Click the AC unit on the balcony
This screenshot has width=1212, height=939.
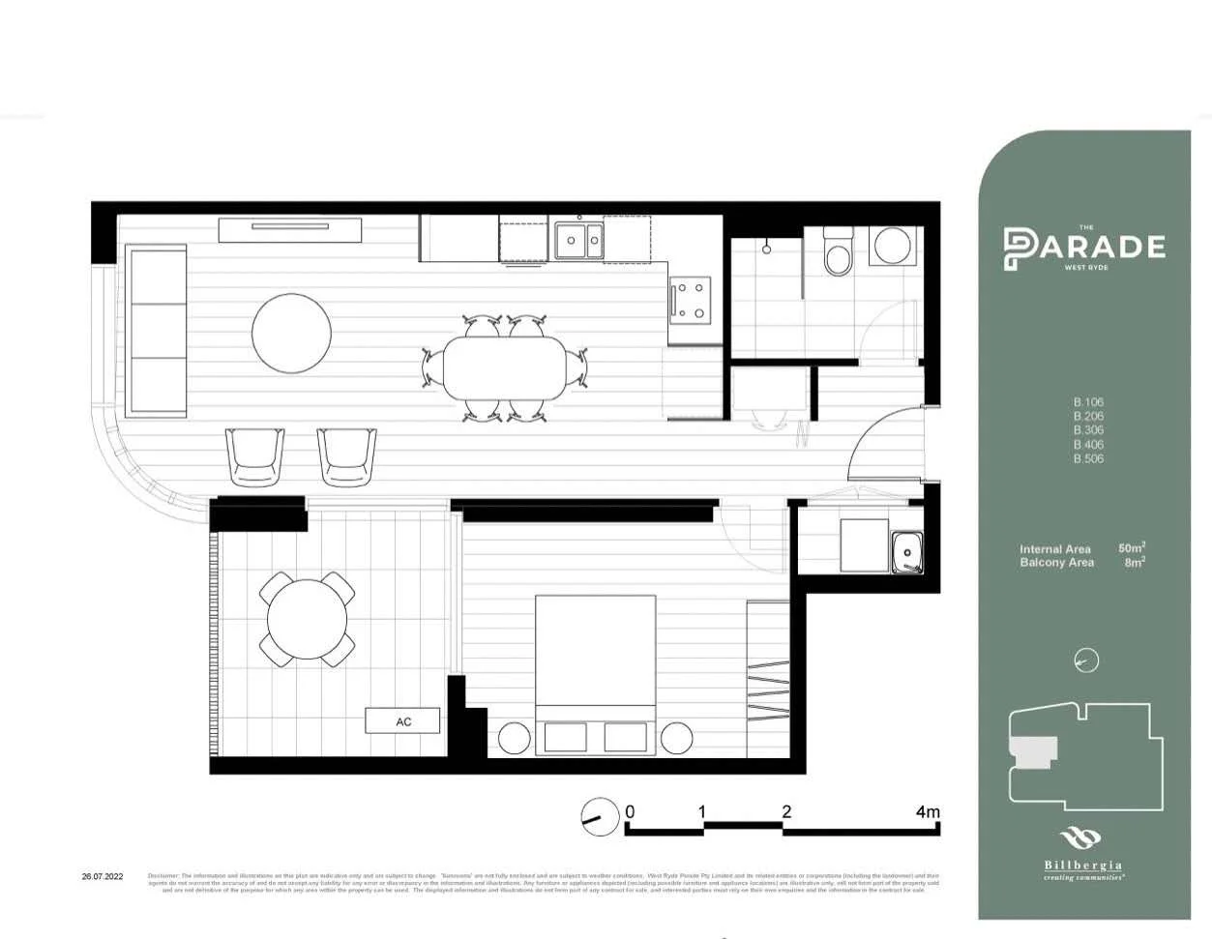[402, 721]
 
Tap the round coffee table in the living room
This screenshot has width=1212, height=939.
[291, 334]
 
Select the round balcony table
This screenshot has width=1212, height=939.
[307, 619]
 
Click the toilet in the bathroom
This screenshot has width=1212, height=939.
[836, 254]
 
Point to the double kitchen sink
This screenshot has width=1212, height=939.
[578, 241]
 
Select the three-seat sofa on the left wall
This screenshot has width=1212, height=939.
[156, 331]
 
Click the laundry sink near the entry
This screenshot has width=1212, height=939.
[906, 552]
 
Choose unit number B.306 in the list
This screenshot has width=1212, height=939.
[1088, 430]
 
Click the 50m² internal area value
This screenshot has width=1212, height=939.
[1131, 548]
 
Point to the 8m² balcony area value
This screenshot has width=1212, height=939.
[1134, 562]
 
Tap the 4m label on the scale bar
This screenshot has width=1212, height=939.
[927, 812]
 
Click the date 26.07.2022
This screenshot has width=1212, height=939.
[103, 877]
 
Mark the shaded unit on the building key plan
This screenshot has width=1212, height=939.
[1031, 749]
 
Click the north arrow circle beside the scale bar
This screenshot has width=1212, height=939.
[600, 816]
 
